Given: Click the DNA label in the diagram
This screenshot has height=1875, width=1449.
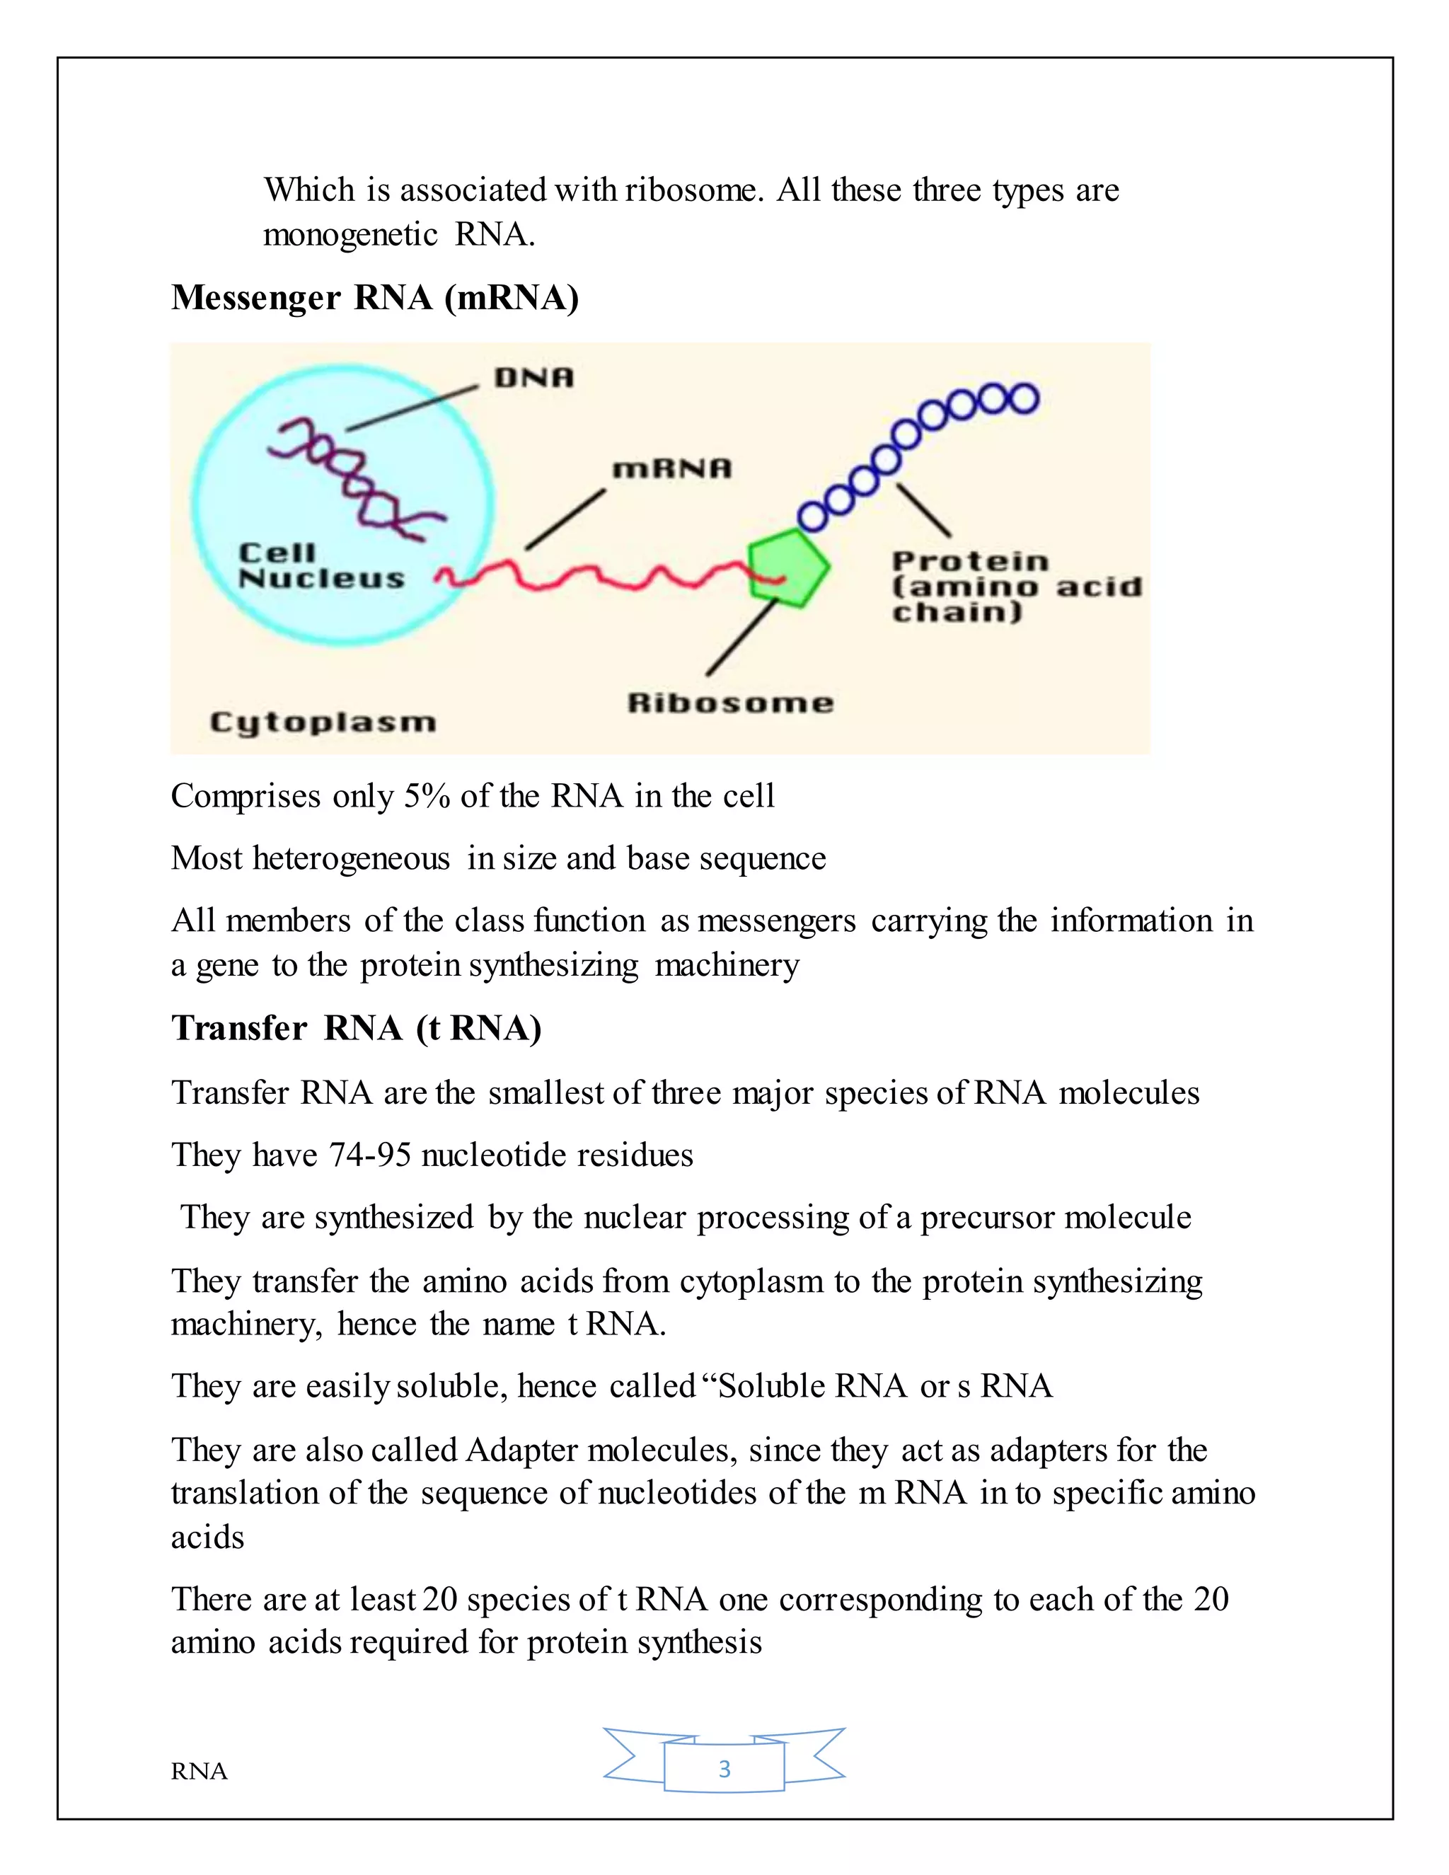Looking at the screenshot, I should pyautogui.click(x=533, y=378).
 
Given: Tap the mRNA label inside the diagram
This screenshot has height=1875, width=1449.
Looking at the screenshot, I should pyautogui.click(x=671, y=468).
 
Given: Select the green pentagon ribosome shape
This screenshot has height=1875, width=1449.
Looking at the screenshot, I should pyautogui.click(x=786, y=567).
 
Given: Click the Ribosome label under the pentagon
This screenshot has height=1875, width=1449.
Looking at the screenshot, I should pyautogui.click(x=729, y=703).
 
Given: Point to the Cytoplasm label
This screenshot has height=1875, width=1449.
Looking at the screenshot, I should pyautogui.click(x=323, y=722).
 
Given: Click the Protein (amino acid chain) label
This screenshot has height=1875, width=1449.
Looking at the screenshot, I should pyautogui.click(x=1015, y=587).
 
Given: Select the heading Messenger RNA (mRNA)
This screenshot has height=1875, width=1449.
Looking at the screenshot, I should pyautogui.click(x=375, y=298).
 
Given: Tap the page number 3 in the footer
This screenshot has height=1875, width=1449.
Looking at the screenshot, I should pyautogui.click(x=724, y=1769).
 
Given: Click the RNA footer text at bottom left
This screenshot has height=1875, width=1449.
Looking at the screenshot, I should pyautogui.click(x=199, y=1771).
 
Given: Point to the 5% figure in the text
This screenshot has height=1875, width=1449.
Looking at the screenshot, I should pyautogui.click(x=427, y=796).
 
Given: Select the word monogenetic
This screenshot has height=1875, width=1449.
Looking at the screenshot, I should pyautogui.click(x=350, y=233).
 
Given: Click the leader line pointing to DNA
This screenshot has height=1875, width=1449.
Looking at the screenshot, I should pyautogui.click(x=412, y=407).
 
